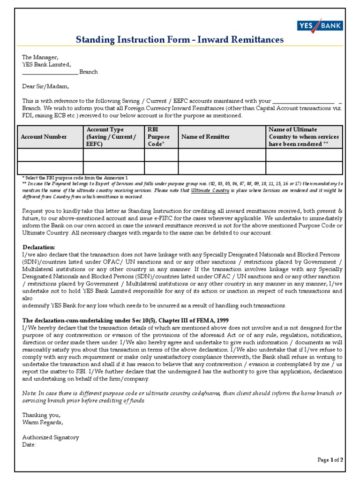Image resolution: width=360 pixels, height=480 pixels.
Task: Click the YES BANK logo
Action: (319, 26)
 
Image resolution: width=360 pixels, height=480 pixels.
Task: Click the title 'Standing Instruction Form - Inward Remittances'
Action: (180, 40)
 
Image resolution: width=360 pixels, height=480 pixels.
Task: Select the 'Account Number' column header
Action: (44, 137)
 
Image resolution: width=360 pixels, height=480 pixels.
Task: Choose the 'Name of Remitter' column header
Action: (205, 137)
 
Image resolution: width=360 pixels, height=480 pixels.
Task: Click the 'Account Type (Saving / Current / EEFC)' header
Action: (111, 136)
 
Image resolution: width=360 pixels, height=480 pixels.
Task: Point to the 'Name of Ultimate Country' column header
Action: (303, 136)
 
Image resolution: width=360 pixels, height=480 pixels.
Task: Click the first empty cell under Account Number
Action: (50, 155)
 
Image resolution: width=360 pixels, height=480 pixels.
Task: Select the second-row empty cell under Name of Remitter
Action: (222, 168)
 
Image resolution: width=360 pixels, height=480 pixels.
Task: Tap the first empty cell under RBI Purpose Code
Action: (161, 155)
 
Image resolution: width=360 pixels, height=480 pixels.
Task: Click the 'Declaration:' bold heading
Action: (39, 247)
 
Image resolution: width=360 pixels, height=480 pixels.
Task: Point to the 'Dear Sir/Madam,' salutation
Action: (45, 86)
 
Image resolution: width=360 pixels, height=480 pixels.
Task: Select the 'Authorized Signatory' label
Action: (51, 437)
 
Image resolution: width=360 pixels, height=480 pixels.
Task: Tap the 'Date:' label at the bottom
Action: (29, 444)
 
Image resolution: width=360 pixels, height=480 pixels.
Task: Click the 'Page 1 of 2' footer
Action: (330, 460)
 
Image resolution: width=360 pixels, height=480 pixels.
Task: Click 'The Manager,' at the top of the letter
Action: (40, 57)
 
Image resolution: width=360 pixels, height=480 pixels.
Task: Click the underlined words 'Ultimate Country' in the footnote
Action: (210, 191)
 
